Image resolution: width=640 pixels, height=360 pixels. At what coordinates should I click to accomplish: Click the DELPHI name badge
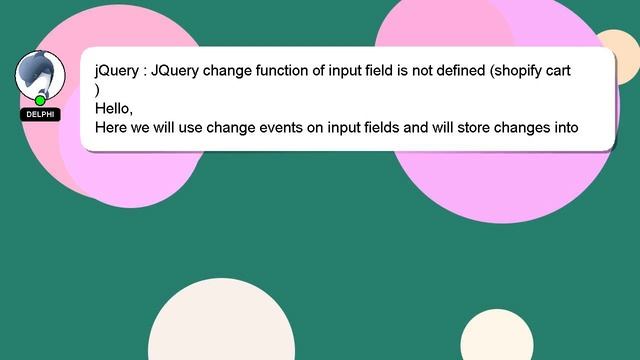[x=40, y=115]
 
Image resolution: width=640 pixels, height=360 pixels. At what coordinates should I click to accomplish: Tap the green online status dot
[x=40, y=100]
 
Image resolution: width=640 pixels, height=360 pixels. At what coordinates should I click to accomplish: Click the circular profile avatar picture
[x=40, y=74]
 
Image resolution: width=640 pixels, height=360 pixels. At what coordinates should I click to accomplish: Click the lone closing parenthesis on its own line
[x=97, y=90]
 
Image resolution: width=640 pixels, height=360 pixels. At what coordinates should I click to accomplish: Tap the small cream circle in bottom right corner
[x=497, y=338]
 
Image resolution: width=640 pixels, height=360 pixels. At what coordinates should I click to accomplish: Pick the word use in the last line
[x=190, y=128]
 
